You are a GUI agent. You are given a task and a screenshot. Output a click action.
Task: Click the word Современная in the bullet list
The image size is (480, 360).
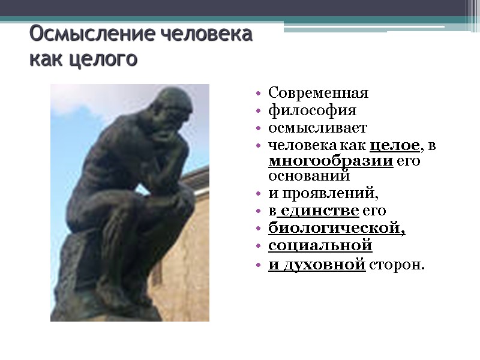coord(318,94)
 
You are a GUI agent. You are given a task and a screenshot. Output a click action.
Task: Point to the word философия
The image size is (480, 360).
coord(312,111)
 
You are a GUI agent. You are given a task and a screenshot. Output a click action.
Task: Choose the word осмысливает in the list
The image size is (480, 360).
coord(317,128)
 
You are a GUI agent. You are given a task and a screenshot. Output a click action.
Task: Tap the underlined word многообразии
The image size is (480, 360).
coord(331,161)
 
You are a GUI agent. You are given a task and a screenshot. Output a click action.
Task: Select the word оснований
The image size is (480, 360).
coord(308,176)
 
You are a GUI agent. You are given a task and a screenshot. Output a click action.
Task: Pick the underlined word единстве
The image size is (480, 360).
coord(319,211)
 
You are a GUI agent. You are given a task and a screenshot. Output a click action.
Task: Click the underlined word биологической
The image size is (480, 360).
coord(337,229)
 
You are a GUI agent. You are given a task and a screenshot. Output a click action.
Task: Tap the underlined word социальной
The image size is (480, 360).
coord(320,246)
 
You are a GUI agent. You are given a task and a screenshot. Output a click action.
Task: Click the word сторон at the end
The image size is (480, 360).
coord(396,264)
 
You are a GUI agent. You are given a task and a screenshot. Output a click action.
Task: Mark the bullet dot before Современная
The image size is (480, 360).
coord(257,94)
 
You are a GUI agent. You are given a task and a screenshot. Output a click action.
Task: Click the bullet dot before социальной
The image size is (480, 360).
coord(257,247)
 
